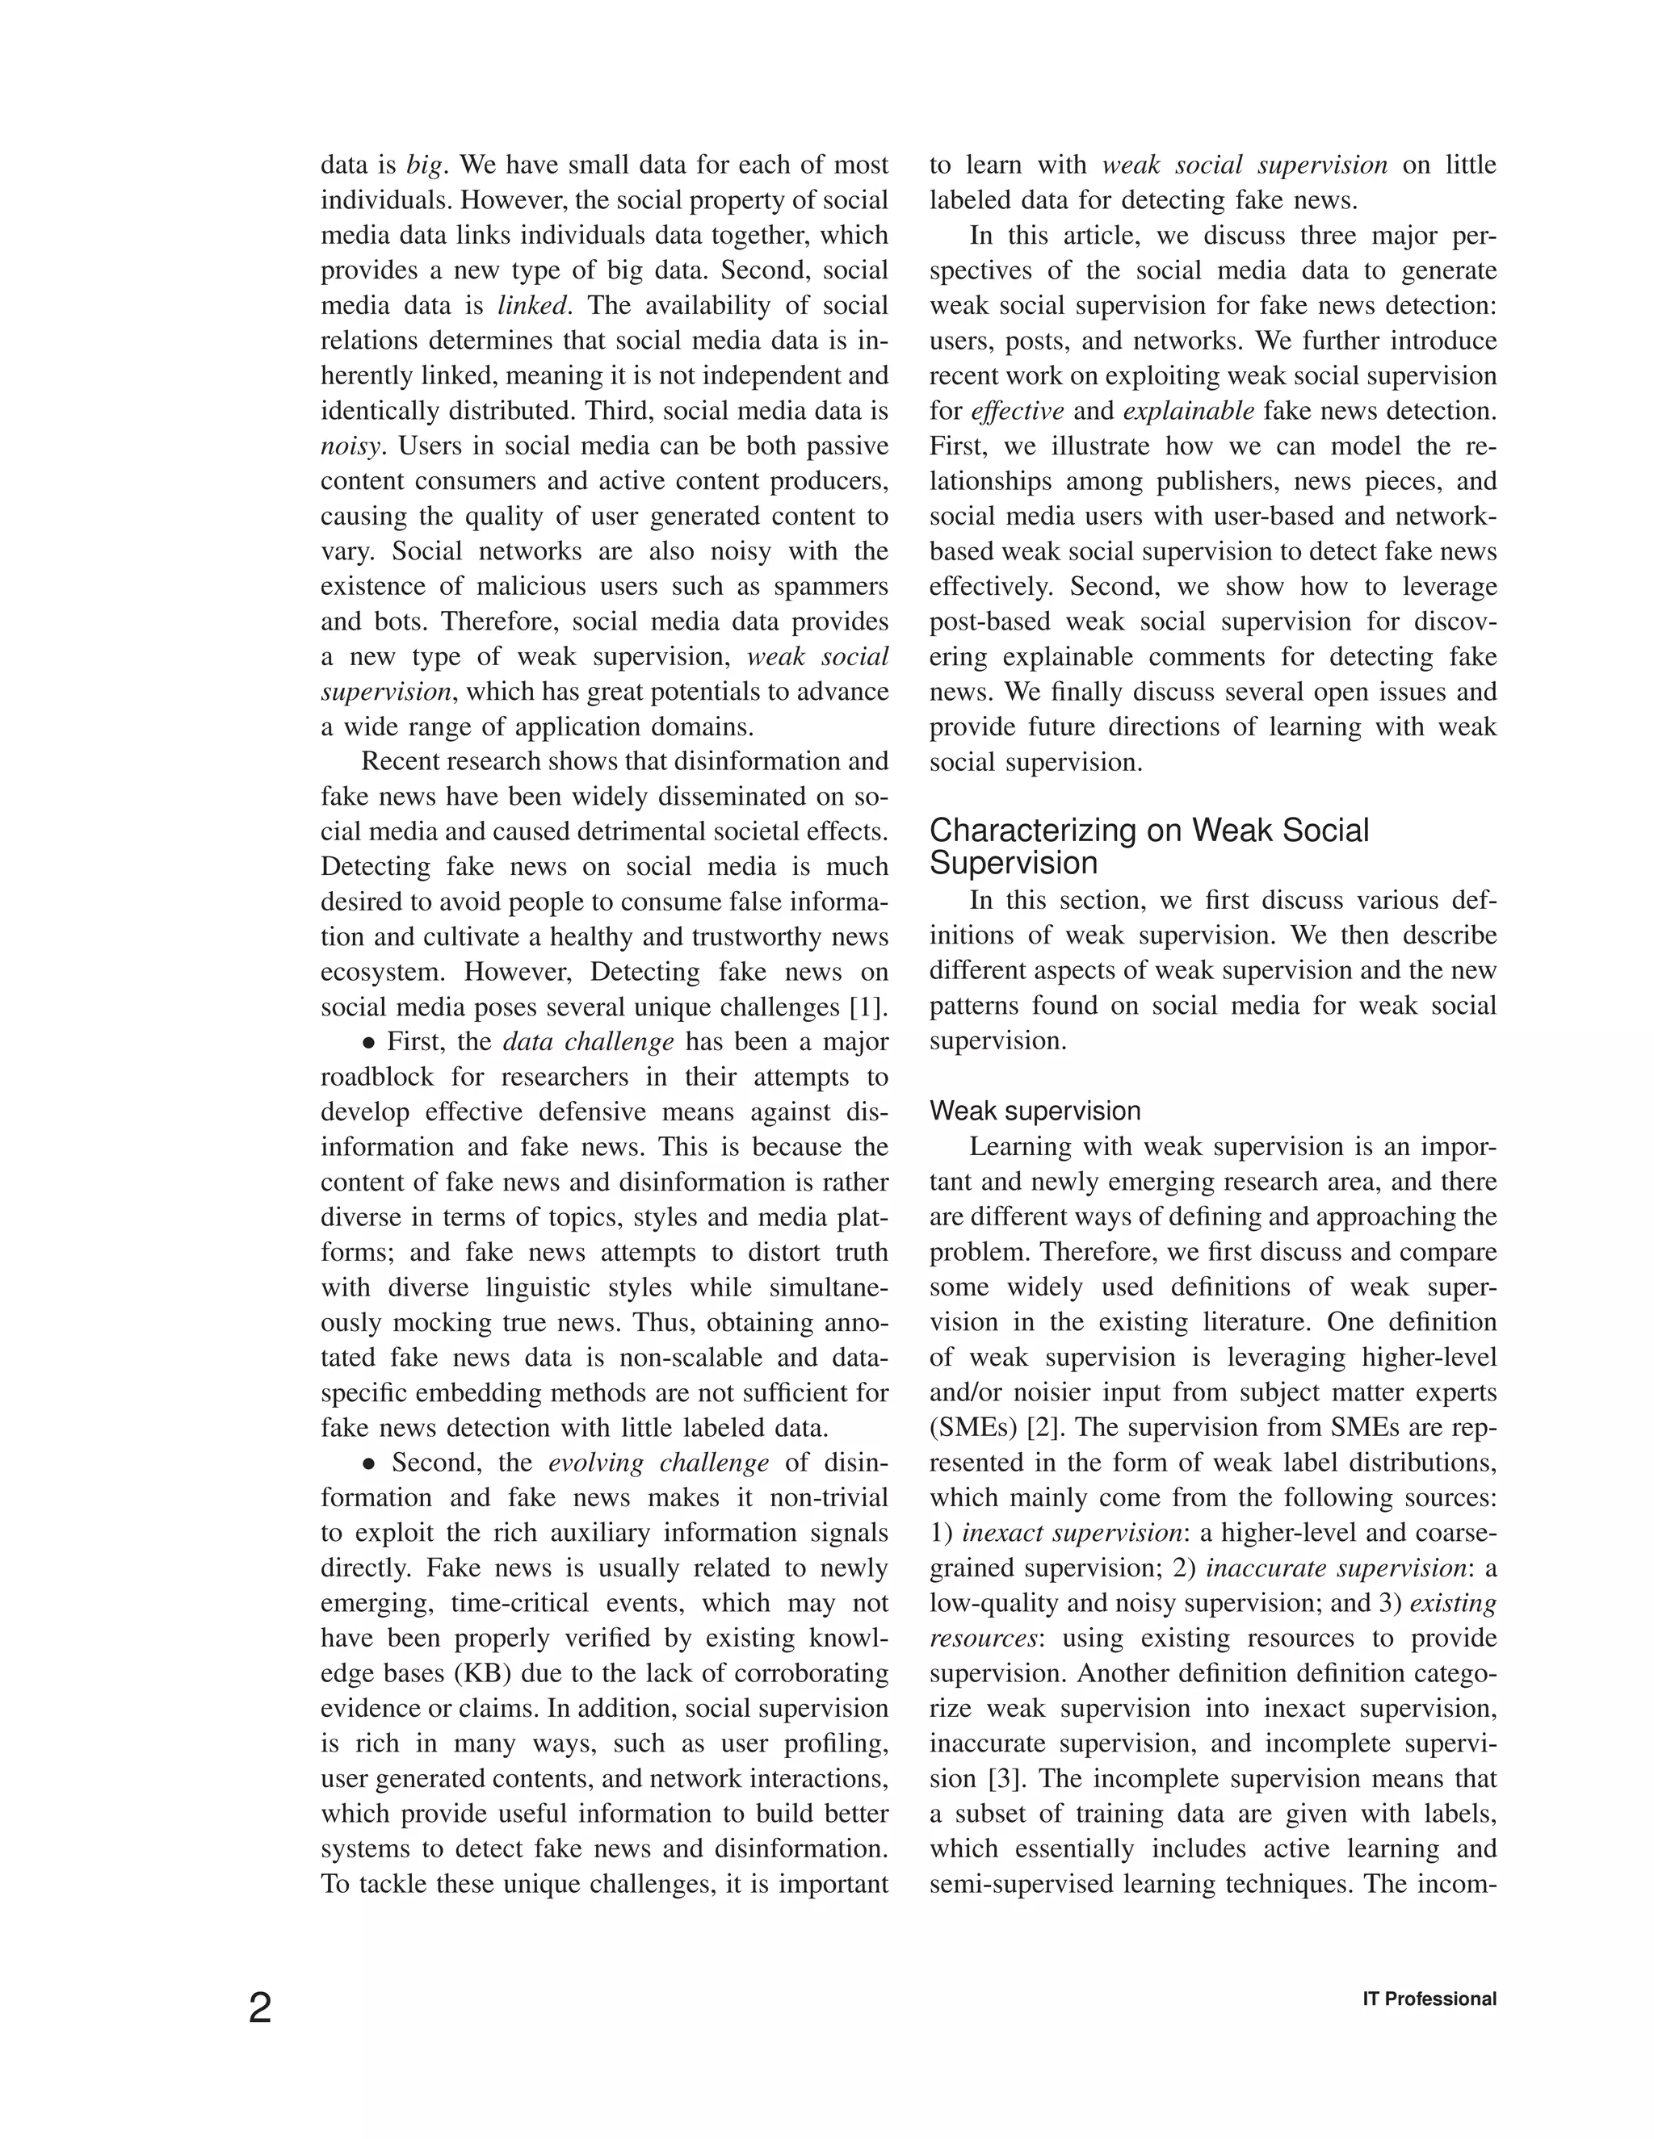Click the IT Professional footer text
(1429, 1999)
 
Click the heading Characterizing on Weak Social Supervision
(1148, 846)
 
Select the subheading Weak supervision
(1035, 1111)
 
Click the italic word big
(424, 165)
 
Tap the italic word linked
(532, 306)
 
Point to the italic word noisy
(350, 446)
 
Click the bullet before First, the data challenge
(369, 1042)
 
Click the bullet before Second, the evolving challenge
(369, 1463)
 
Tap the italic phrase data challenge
(588, 1041)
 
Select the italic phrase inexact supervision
(1072, 1533)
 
